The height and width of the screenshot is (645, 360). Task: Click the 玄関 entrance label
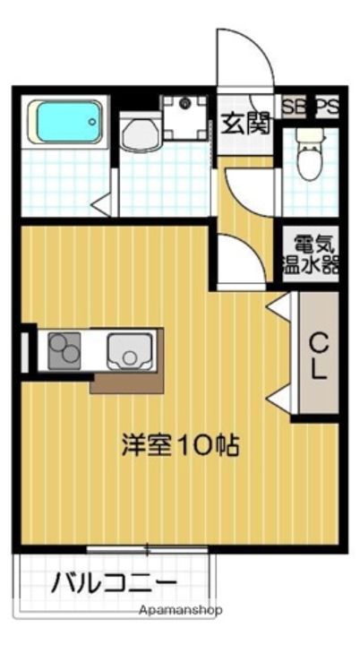tap(244, 124)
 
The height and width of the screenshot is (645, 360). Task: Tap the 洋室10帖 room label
tap(180, 445)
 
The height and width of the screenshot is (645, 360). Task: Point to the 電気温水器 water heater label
tap(311, 254)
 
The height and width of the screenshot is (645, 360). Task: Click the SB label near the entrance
tap(294, 106)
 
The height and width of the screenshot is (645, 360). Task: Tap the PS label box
tap(326, 106)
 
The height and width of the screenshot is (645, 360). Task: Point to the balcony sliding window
tap(150, 547)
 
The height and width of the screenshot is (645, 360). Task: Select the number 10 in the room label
tap(199, 445)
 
